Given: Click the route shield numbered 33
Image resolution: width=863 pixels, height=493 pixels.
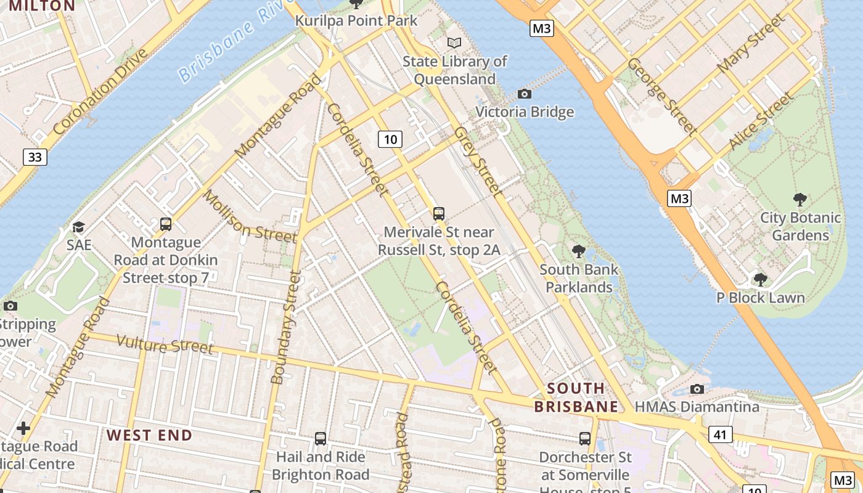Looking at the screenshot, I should [35, 157].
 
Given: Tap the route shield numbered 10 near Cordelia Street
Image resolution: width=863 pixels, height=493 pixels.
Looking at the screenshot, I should [390, 139].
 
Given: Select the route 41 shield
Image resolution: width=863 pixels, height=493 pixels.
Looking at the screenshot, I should [720, 434].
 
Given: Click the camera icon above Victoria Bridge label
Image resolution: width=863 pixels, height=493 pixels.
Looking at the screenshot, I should [525, 94].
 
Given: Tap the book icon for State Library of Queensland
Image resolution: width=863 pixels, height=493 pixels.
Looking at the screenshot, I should [454, 43].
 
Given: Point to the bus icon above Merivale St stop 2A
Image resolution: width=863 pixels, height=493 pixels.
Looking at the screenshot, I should [439, 214].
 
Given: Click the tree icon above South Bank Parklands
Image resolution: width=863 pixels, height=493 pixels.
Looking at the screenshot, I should [578, 251].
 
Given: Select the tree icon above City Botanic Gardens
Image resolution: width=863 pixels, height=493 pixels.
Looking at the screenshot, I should [800, 199].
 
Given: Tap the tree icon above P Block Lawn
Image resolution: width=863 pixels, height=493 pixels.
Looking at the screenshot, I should [760, 279].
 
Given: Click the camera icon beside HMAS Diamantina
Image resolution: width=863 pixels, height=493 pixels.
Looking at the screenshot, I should [697, 389].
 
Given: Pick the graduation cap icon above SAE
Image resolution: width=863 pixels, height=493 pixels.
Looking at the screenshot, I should [78, 227].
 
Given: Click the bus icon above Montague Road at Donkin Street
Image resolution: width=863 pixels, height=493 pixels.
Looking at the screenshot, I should [166, 224].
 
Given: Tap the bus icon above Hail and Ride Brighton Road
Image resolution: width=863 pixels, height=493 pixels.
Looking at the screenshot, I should [321, 438].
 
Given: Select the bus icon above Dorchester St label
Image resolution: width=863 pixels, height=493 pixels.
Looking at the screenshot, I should [585, 438].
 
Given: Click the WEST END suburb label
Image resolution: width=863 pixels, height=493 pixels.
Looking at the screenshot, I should [149, 435].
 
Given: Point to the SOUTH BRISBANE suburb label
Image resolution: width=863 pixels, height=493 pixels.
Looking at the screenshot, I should [576, 397].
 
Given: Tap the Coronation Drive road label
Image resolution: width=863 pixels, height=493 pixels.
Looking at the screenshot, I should [100, 91].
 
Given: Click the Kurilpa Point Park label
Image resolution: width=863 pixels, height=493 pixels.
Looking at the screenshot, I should [356, 20].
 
